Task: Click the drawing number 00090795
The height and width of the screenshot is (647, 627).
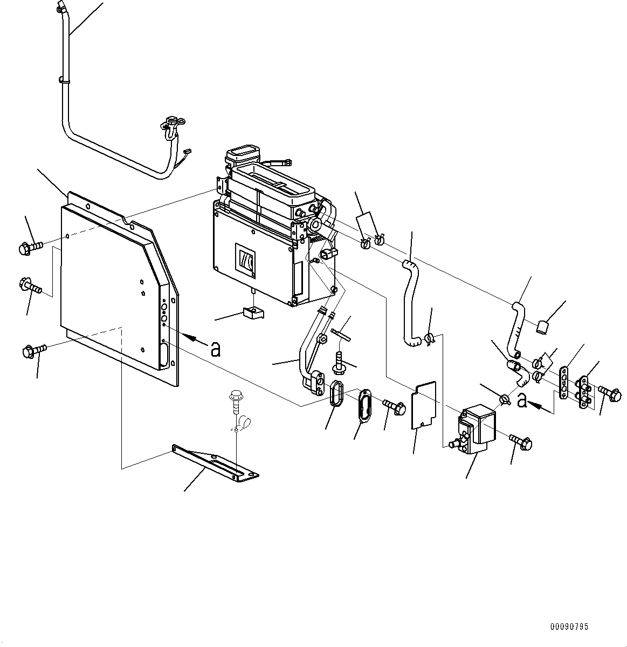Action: click(569, 627)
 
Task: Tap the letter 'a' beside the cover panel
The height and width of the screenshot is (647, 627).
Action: click(216, 350)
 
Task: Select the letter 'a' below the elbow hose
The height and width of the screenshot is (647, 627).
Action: click(521, 400)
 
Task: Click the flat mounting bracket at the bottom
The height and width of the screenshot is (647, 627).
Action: click(215, 462)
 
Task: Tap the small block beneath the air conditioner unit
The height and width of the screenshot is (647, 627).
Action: click(252, 312)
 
